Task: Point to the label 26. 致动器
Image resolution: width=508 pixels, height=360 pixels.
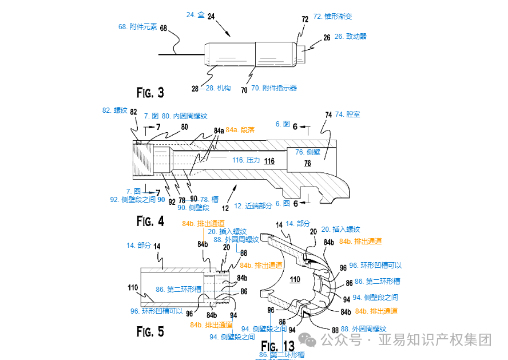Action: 350,36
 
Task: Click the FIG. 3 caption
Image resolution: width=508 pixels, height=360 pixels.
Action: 150,92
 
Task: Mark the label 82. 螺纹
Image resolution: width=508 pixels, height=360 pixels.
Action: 114,110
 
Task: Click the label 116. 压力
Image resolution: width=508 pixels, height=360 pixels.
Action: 246,161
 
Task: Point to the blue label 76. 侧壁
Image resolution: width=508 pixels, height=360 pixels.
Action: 308,152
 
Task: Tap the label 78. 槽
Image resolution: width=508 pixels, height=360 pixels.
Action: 209,200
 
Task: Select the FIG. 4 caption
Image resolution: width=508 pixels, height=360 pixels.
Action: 150,221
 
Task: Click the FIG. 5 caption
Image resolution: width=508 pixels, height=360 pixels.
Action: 150,331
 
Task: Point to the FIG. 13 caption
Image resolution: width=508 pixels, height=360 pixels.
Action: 277,345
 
